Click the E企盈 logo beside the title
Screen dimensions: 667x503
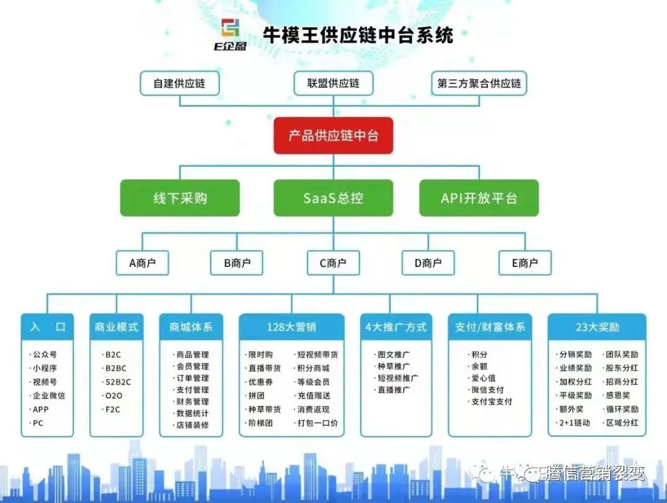pyautogui.click(x=233, y=35)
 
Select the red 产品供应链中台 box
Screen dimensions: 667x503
pyautogui.click(x=333, y=135)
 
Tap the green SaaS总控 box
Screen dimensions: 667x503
pyautogui.click(x=333, y=198)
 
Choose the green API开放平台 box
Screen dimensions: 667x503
pyautogui.click(x=479, y=198)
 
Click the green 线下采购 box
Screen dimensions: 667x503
pyautogui.click(x=180, y=198)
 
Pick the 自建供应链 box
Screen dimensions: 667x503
pyautogui.click(x=179, y=83)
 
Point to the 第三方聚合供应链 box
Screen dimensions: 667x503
pyautogui.click(x=479, y=83)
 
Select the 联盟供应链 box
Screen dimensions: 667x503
pyautogui.click(x=333, y=83)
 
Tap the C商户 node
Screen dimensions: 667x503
pyautogui.click(x=333, y=263)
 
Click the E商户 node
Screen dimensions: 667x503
pyautogui.click(x=525, y=263)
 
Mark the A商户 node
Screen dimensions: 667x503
pyautogui.click(x=143, y=263)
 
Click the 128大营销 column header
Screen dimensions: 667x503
pyautogui.click(x=292, y=327)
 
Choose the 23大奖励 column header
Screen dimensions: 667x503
pyautogui.click(x=597, y=327)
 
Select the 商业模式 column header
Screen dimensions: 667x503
pyautogui.click(x=117, y=327)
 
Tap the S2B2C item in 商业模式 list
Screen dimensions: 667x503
pyautogui.click(x=118, y=382)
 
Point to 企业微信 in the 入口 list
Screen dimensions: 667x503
pyautogui.click(x=49, y=395)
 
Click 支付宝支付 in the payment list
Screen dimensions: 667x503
pyautogui.click(x=492, y=402)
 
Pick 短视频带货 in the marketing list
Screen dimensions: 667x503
pyautogui.click(x=317, y=355)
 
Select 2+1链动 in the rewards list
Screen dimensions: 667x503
pyautogui.click(x=574, y=423)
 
